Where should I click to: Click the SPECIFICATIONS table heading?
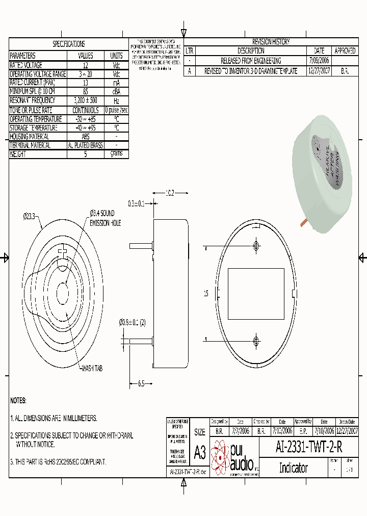click(x=69, y=44)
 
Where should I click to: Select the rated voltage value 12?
click(x=85, y=65)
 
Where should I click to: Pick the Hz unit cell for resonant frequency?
click(x=116, y=100)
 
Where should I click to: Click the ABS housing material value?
click(x=85, y=137)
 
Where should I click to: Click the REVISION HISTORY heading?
click(x=271, y=42)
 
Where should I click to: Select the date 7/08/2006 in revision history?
click(x=319, y=61)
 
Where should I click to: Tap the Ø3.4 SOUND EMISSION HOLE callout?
click(x=106, y=218)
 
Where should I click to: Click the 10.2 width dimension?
click(x=170, y=193)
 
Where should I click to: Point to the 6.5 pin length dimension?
click(x=142, y=383)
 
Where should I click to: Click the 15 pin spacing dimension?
click(x=205, y=293)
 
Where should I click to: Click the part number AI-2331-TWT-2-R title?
click(x=309, y=447)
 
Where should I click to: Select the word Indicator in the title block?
click(x=293, y=468)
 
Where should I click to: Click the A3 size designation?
click(x=200, y=452)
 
